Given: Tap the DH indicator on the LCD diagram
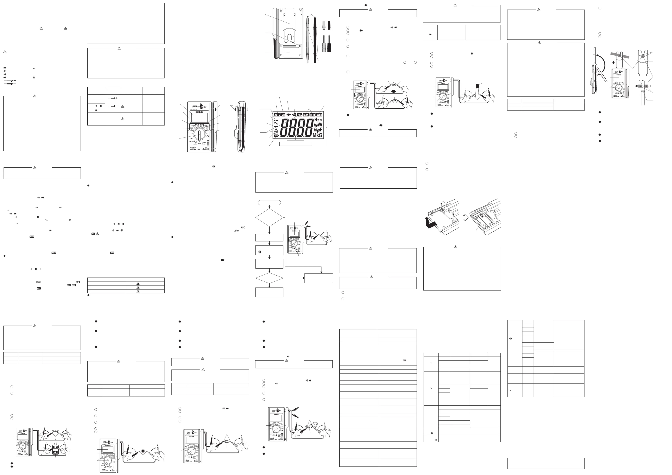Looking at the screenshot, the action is point(283,115).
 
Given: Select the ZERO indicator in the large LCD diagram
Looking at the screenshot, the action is point(319,115).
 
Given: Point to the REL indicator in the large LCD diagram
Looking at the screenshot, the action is point(299,115).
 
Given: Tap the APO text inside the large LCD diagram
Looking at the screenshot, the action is point(276,133).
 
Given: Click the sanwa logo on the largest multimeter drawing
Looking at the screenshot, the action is point(199,112).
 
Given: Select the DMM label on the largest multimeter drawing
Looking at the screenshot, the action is point(195,107).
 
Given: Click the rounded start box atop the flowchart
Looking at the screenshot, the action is point(269,202).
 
